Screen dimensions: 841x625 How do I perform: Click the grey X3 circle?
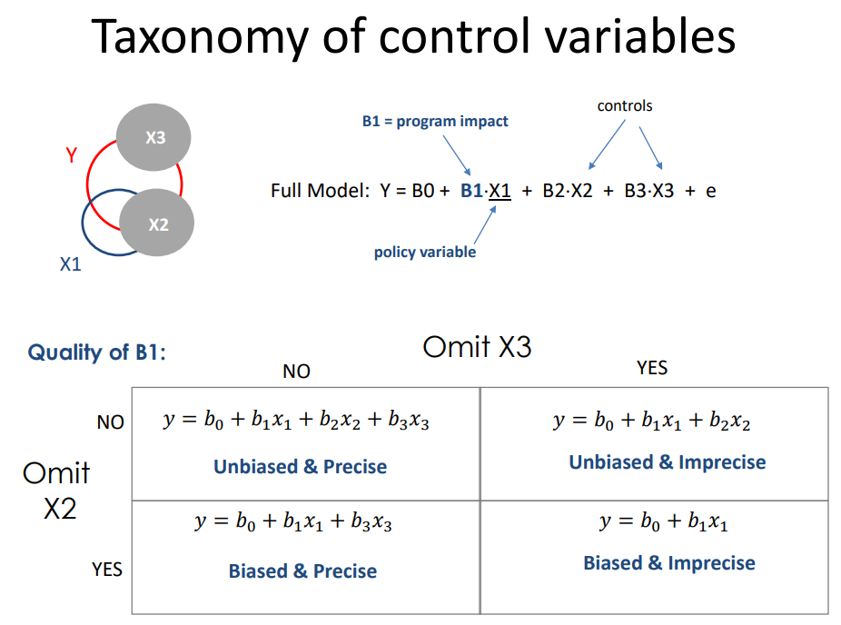click(x=153, y=138)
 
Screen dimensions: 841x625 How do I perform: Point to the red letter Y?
click(x=72, y=155)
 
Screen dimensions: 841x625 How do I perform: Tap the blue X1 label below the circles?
click(x=70, y=264)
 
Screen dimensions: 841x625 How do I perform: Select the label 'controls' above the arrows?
click(x=625, y=106)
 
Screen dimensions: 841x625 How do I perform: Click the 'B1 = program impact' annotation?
click(x=435, y=122)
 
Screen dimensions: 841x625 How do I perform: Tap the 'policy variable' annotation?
click(x=425, y=252)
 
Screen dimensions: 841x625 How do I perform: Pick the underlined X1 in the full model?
click(x=500, y=191)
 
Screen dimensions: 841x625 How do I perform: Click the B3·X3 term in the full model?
click(x=649, y=191)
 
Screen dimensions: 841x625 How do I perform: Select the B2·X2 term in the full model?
click(x=568, y=191)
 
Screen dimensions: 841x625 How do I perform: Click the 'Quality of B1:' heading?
click(x=97, y=352)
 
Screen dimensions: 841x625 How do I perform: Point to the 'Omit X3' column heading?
click(x=477, y=347)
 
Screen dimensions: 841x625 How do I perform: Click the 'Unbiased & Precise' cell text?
click(x=300, y=467)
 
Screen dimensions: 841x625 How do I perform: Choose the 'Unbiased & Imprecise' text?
click(x=668, y=462)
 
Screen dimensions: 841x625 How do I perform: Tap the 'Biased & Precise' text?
click(x=302, y=571)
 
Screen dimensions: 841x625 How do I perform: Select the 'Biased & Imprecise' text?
click(x=669, y=563)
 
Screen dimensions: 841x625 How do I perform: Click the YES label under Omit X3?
click(x=652, y=367)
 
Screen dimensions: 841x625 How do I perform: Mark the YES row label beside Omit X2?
click(x=107, y=570)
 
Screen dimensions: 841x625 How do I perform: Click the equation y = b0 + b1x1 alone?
click(x=664, y=522)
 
